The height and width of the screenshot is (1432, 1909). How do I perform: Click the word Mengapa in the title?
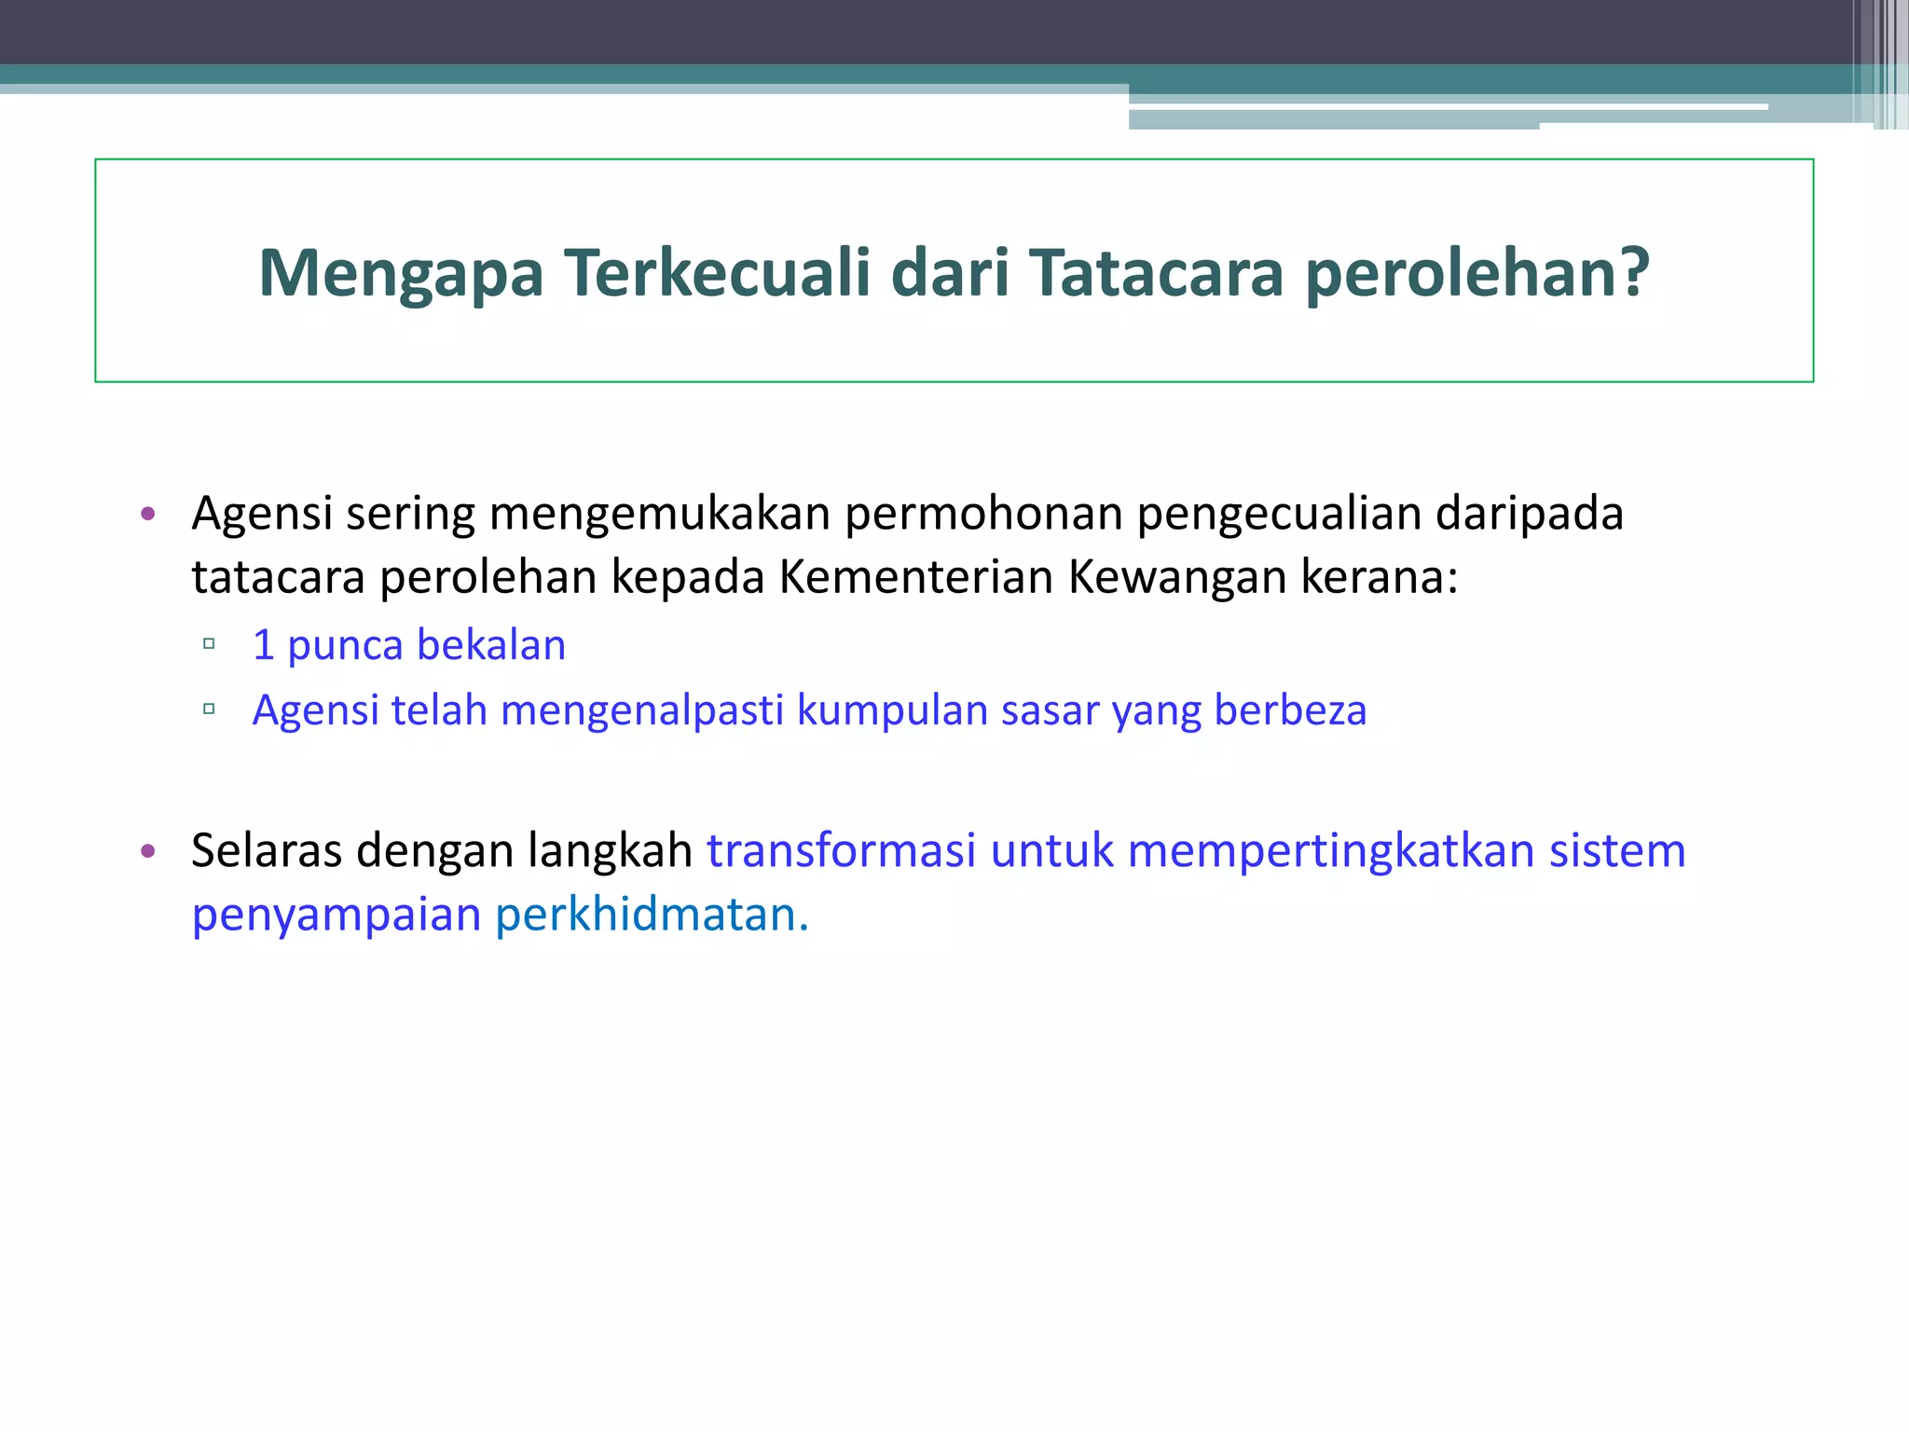click(x=401, y=274)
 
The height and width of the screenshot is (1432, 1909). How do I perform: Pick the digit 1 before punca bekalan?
click(x=264, y=645)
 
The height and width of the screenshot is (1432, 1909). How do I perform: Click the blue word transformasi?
click(x=841, y=851)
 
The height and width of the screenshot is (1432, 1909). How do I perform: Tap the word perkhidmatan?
click(x=652, y=915)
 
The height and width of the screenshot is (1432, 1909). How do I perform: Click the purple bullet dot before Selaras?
click(x=147, y=851)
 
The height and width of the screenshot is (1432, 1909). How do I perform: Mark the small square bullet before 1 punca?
click(x=209, y=643)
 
